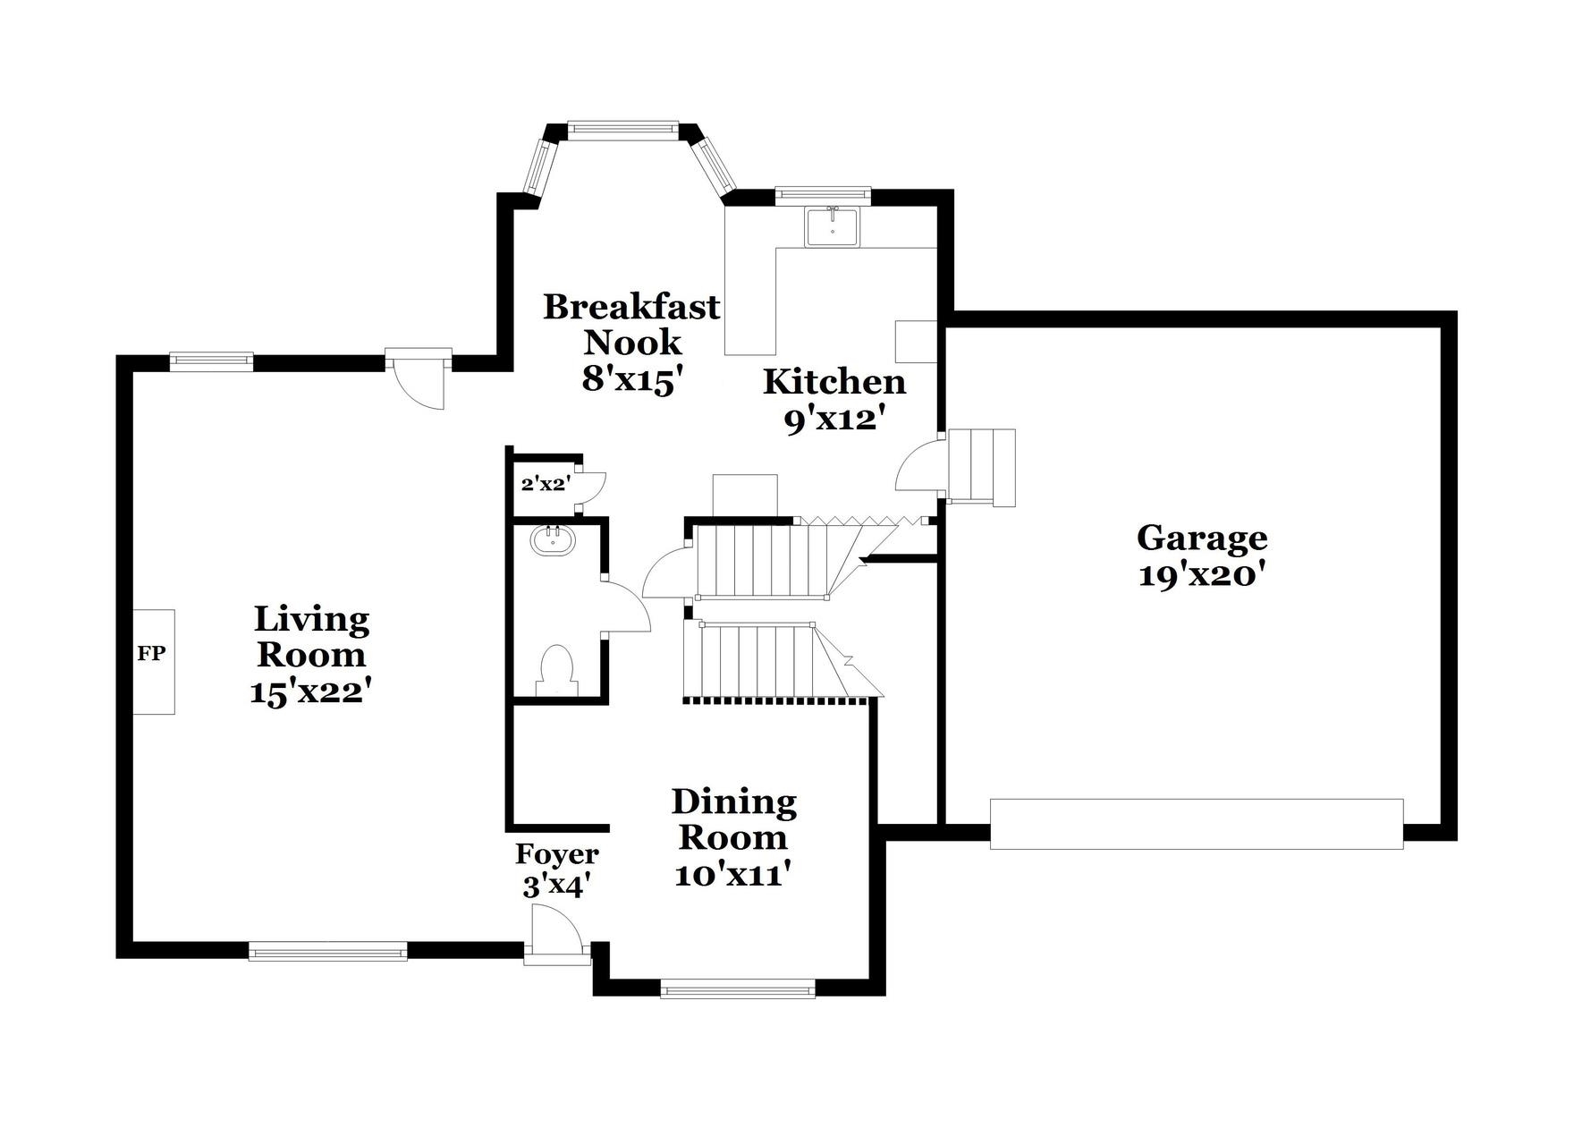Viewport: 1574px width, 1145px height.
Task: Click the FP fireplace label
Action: [151, 653]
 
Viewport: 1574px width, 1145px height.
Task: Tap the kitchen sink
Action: [832, 226]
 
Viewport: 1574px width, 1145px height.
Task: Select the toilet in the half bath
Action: [556, 670]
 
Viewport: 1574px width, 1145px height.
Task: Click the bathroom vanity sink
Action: [554, 539]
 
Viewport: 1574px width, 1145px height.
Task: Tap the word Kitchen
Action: [834, 382]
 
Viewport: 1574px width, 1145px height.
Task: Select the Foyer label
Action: [556, 854]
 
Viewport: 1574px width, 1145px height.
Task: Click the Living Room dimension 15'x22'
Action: [310, 691]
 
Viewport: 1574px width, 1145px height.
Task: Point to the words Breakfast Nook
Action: [631, 324]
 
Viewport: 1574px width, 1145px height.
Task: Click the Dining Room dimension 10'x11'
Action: [734, 874]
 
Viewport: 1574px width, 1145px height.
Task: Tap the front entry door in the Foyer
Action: [557, 934]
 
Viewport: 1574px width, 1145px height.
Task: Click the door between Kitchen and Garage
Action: [920, 463]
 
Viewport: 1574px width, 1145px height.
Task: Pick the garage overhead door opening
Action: [1197, 823]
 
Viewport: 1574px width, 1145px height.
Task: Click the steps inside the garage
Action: [981, 467]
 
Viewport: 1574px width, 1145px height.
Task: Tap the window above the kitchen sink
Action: [823, 193]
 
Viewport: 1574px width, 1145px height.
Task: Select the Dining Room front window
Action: [738, 989]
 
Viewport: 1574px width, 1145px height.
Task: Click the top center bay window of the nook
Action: [622, 130]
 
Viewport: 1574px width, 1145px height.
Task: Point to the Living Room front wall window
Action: [328, 952]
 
